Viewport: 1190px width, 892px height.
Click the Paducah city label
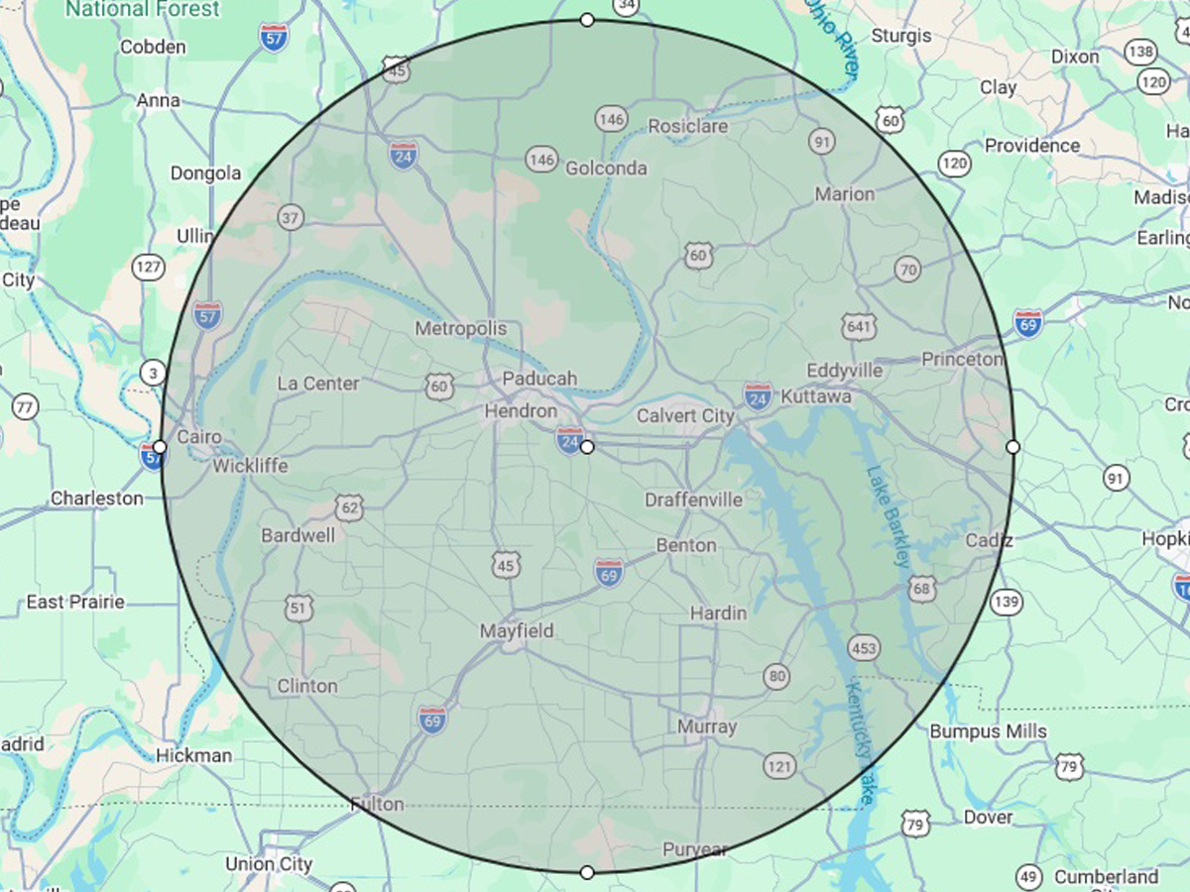538,379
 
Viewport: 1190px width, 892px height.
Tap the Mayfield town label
517,631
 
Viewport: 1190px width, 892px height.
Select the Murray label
707,726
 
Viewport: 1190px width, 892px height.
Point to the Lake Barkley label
888,515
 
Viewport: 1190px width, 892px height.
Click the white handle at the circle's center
587,448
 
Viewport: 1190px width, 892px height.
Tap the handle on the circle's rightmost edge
1012,448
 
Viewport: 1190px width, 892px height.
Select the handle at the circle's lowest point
587,872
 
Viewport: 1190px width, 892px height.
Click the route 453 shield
864,648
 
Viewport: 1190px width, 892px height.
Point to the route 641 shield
858,324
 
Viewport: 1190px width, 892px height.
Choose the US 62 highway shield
349,508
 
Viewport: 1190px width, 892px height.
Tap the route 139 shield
1007,601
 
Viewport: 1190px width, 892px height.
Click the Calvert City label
685,416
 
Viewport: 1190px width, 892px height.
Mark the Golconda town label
606,168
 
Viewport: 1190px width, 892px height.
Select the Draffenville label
693,500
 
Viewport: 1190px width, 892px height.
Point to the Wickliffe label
250,466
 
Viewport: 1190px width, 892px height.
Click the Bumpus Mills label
988,731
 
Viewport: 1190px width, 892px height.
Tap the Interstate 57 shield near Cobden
274,38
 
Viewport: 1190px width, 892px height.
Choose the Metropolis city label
460,328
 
